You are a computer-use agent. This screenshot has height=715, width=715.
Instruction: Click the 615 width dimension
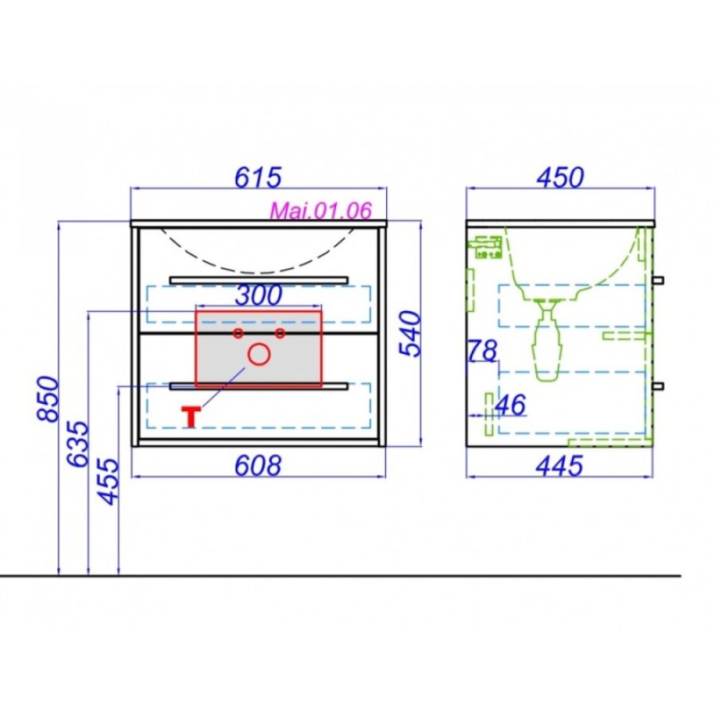pos(258,177)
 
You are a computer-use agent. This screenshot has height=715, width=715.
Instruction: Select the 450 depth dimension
pos(560,177)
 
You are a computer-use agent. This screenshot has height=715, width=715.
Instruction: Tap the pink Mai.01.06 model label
pos(321,210)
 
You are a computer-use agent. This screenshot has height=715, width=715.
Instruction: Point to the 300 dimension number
pos(258,296)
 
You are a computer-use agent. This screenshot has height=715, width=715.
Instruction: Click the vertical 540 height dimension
pos(409,333)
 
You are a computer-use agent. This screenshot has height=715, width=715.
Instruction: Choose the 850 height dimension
pos(48,399)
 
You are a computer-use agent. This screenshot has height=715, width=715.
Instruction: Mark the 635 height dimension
pos(77,443)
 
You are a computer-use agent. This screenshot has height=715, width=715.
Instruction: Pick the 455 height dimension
pos(108,482)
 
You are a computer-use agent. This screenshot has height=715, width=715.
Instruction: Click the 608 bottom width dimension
pos(258,466)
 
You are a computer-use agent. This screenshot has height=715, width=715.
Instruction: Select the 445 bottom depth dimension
pos(559,466)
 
